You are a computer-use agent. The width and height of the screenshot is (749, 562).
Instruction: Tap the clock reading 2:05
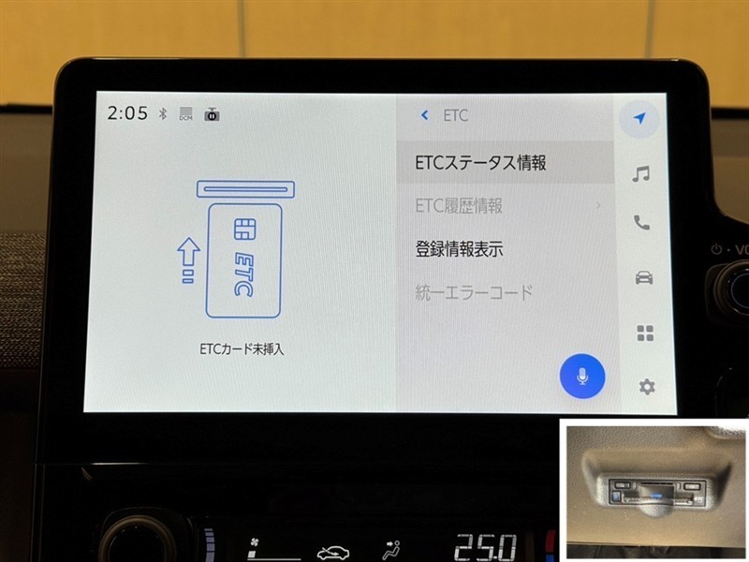click(x=127, y=113)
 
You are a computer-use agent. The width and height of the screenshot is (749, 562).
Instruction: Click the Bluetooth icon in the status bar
click(x=163, y=113)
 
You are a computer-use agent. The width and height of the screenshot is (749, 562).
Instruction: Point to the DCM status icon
click(x=185, y=113)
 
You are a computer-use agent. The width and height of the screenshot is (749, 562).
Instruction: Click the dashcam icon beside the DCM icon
click(x=213, y=114)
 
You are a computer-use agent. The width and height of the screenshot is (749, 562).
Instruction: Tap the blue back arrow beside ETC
click(x=424, y=115)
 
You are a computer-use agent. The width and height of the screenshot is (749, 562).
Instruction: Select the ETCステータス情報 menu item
click(x=480, y=163)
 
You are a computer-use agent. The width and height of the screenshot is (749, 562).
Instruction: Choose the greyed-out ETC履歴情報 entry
click(x=459, y=206)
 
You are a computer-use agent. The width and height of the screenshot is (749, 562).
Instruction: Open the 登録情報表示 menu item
click(x=459, y=249)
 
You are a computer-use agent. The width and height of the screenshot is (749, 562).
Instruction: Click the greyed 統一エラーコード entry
click(x=474, y=292)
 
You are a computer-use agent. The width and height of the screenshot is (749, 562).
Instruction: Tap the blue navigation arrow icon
click(x=639, y=118)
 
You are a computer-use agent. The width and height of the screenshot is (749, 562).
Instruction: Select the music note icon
click(x=641, y=174)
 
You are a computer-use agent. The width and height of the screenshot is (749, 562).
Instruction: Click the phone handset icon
click(x=641, y=222)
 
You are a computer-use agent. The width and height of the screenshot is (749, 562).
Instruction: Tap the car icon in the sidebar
click(x=644, y=277)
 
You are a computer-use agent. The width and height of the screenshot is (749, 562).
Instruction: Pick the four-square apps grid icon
click(x=645, y=333)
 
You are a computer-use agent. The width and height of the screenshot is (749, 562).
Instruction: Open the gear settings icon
click(x=647, y=387)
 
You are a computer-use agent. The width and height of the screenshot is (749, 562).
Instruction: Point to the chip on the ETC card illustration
click(x=245, y=229)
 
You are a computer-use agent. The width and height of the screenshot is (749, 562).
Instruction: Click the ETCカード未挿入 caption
click(x=242, y=349)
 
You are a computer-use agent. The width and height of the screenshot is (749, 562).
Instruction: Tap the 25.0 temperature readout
click(x=485, y=547)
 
